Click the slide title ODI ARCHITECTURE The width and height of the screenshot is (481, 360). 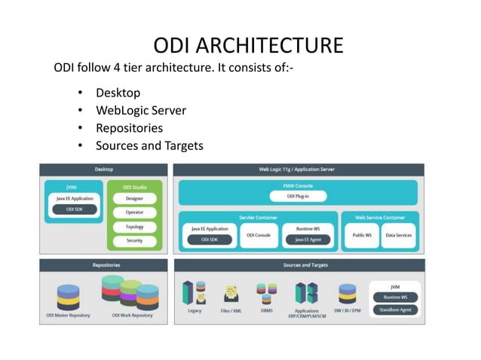(x=247, y=44)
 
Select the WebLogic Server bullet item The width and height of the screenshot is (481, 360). (x=140, y=111)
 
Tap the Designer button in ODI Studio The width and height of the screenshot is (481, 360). (x=134, y=198)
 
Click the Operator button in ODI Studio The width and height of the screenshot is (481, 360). (x=134, y=212)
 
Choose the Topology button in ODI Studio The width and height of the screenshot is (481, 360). (x=134, y=227)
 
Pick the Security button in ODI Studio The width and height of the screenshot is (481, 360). (x=134, y=240)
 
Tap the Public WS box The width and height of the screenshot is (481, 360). (x=361, y=235)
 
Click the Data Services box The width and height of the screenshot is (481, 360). (x=398, y=235)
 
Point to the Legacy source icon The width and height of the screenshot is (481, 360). (x=194, y=293)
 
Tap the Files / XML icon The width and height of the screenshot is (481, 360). (x=231, y=294)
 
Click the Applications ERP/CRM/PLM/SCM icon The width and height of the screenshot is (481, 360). (x=306, y=293)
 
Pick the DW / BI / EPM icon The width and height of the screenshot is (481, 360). (x=347, y=294)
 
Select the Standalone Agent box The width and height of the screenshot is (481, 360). (x=394, y=309)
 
